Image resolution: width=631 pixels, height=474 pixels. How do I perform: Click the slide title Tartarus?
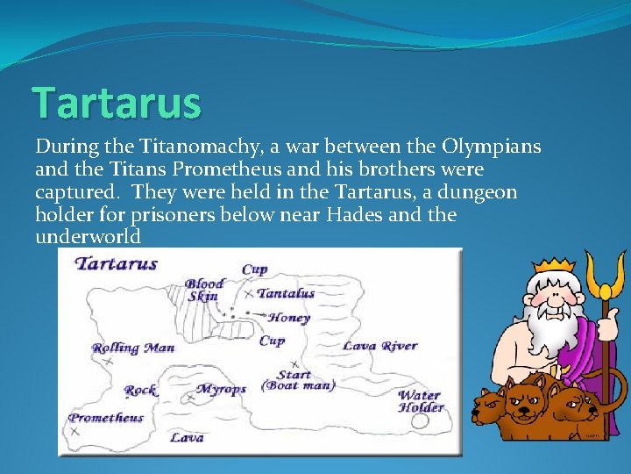point(117,104)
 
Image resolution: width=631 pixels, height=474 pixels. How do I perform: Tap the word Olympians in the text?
point(493,146)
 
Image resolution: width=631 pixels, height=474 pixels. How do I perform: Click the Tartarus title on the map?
point(117,263)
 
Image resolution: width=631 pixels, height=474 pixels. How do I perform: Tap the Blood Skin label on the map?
point(204,291)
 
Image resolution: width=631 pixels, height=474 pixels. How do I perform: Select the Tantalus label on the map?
point(286,293)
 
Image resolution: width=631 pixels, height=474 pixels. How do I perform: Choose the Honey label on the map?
point(289,318)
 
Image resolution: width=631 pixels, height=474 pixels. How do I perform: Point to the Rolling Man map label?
point(134,348)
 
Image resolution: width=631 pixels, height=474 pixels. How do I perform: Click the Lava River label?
point(379,346)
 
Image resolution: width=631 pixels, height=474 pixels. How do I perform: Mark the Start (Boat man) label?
point(298,380)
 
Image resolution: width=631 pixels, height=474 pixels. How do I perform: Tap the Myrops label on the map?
point(221,389)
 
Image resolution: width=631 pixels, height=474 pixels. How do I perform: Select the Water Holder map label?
point(421,401)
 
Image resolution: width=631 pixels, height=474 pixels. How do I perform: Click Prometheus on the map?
point(106,418)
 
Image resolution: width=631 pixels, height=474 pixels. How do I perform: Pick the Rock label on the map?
point(140,390)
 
